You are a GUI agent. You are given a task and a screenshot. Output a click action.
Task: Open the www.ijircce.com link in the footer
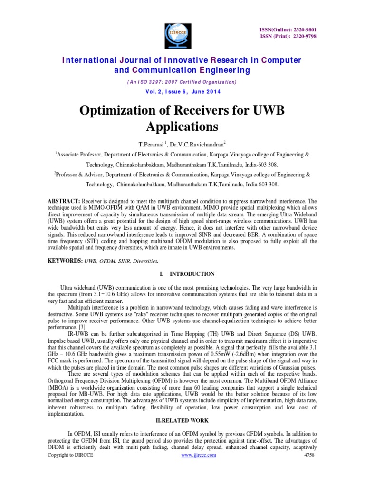click(x=199, y=455)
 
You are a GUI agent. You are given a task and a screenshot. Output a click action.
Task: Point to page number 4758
click(x=309, y=455)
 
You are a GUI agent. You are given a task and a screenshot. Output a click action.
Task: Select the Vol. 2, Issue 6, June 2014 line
click(x=182, y=91)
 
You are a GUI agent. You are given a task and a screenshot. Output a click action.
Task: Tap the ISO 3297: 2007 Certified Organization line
click(x=182, y=82)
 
